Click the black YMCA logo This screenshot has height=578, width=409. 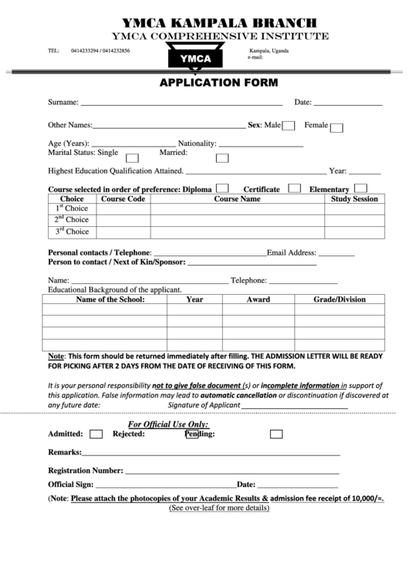[194, 57]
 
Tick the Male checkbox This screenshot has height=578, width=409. [289, 126]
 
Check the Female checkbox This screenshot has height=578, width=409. [336, 127]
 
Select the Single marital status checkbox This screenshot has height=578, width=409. [132, 157]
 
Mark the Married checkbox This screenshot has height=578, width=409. [222, 157]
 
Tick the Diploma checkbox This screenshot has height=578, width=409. [222, 188]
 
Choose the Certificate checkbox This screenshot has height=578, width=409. [294, 188]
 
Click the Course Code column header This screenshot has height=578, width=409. [123, 199]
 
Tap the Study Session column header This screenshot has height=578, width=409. [354, 199]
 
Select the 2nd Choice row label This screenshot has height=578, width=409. [72, 220]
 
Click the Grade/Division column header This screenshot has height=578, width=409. [340, 299]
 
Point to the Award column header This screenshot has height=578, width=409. [258, 299]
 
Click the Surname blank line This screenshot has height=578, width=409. [181, 103]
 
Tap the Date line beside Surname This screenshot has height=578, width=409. [348, 103]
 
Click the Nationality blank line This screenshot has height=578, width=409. [261, 145]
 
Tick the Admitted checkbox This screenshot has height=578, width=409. [96, 434]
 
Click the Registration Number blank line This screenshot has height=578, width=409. [232, 472]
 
